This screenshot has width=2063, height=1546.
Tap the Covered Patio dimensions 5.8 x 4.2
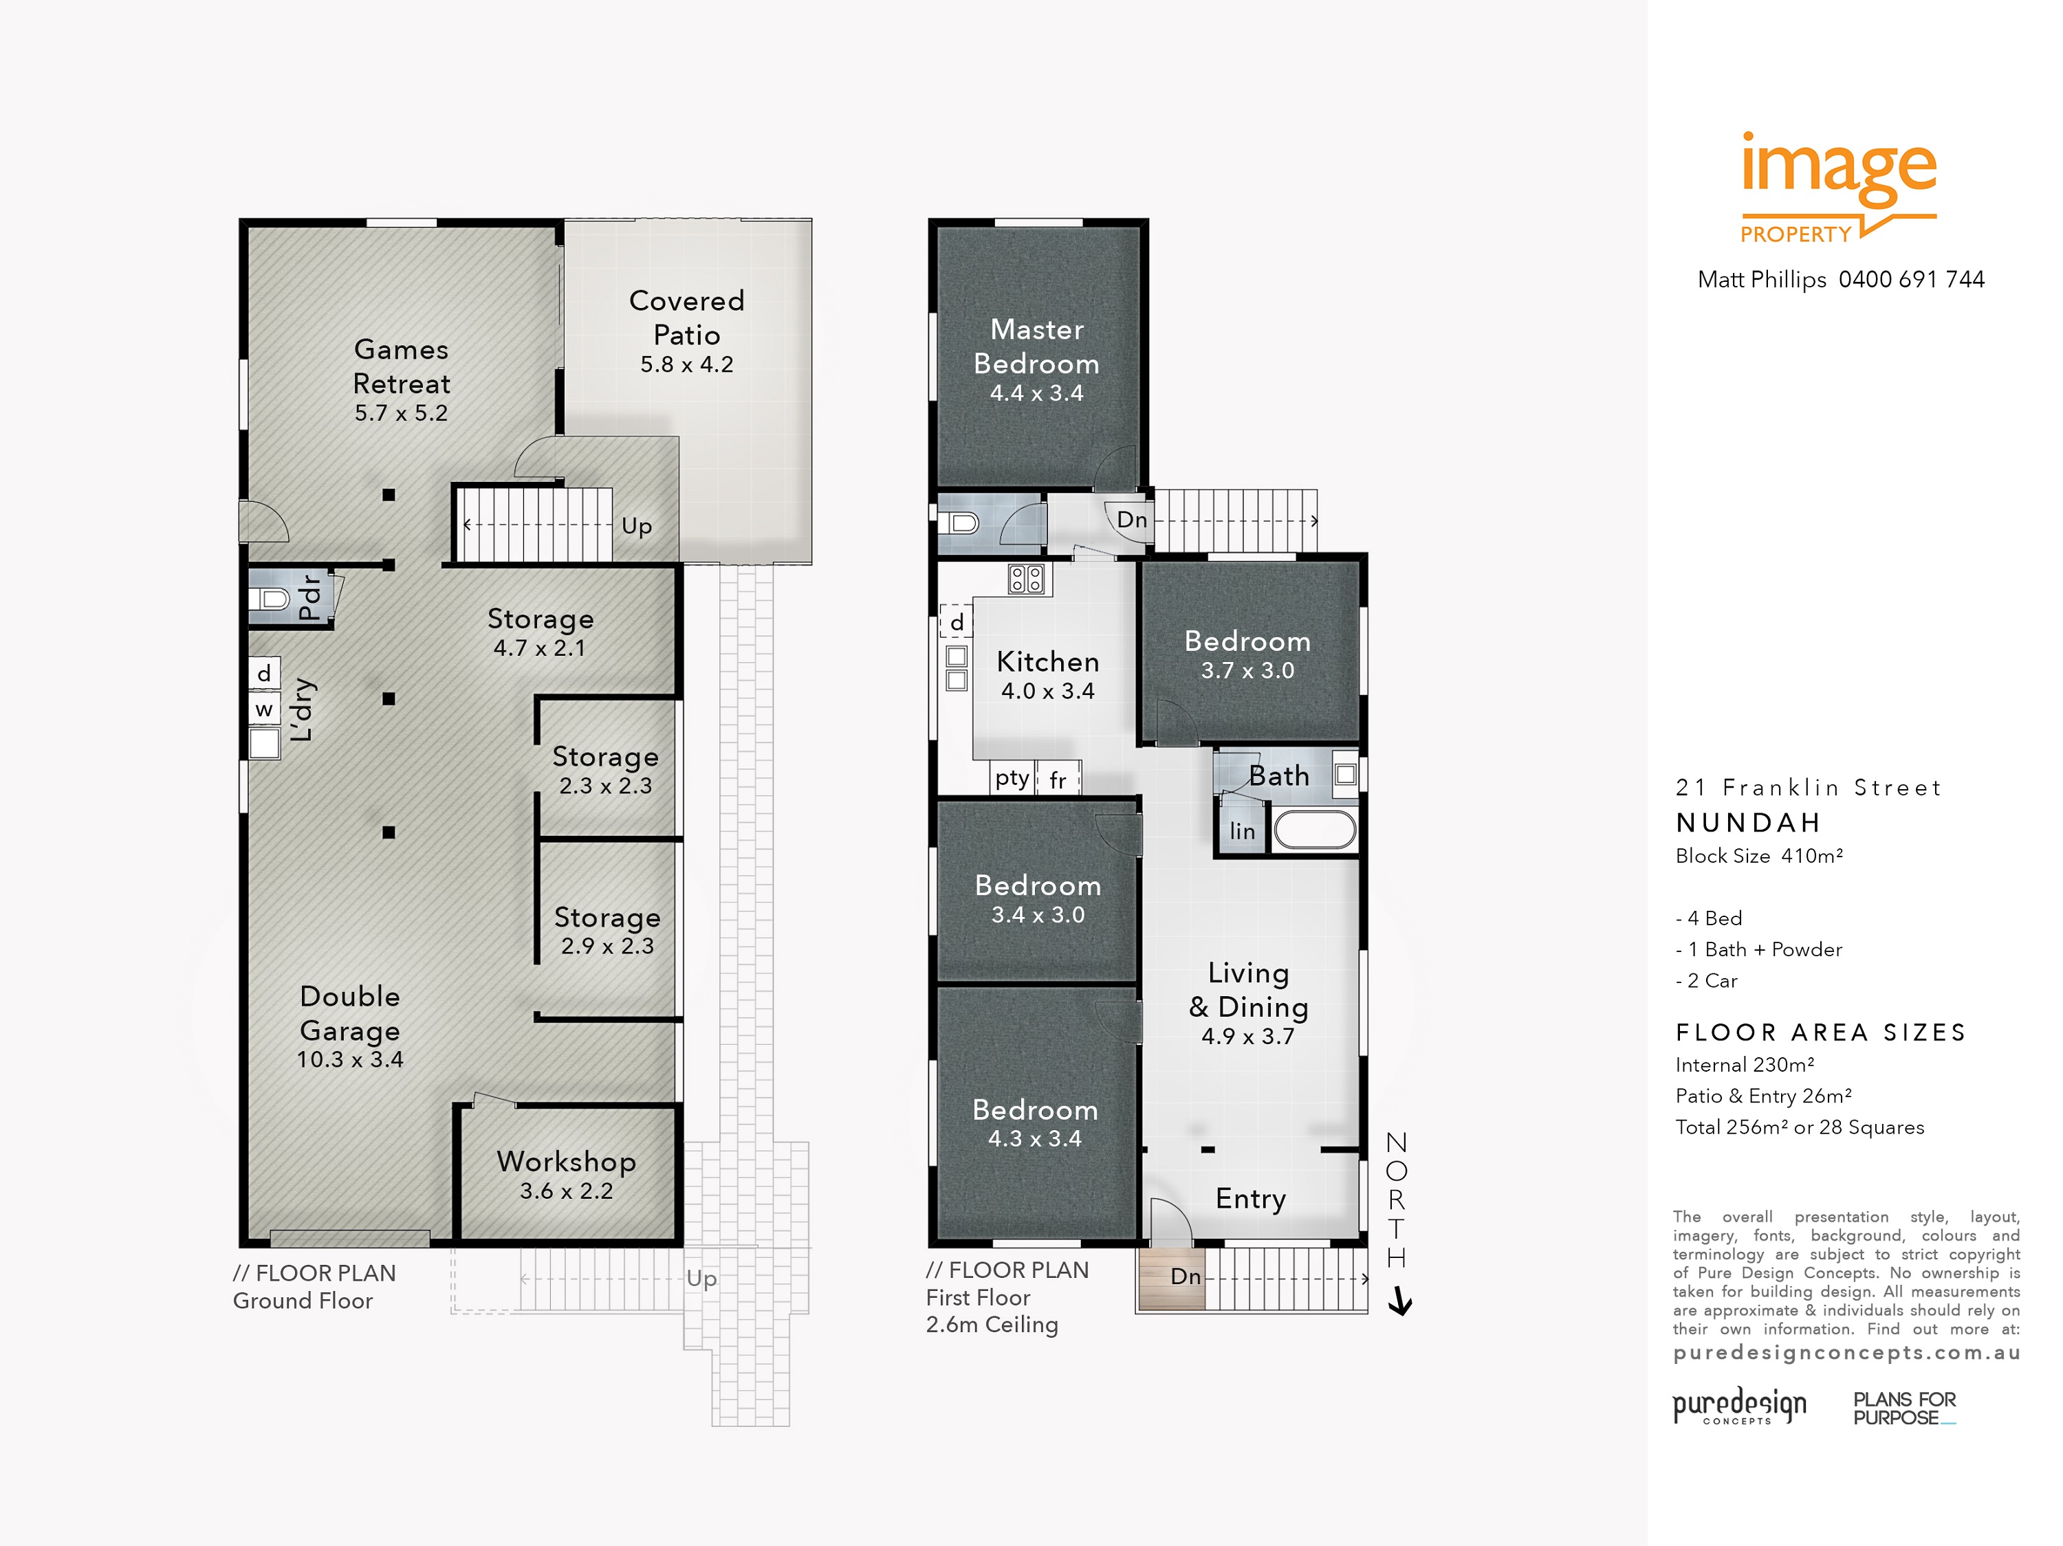[x=686, y=364]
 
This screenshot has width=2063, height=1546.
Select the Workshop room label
[x=566, y=1161]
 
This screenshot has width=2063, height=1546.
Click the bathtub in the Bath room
[x=1314, y=830]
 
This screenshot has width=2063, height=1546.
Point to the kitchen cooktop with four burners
[x=1026, y=579]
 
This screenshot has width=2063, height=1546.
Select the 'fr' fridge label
[x=1058, y=780]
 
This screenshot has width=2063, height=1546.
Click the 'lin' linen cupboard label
[x=1241, y=831]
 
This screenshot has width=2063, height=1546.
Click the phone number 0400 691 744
[x=1911, y=280]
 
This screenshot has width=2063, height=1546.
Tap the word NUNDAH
[x=1748, y=822]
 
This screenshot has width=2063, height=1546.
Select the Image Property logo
[x=1837, y=186]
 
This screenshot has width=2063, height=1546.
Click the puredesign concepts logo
[x=1738, y=1405]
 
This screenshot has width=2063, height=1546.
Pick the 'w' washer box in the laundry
[x=264, y=709]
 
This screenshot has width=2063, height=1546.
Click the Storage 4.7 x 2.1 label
[x=540, y=631]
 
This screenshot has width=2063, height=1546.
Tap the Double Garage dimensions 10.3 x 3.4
[x=350, y=1059]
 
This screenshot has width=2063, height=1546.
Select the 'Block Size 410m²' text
[x=1758, y=856]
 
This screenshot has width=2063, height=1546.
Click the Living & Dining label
[x=1248, y=991]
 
